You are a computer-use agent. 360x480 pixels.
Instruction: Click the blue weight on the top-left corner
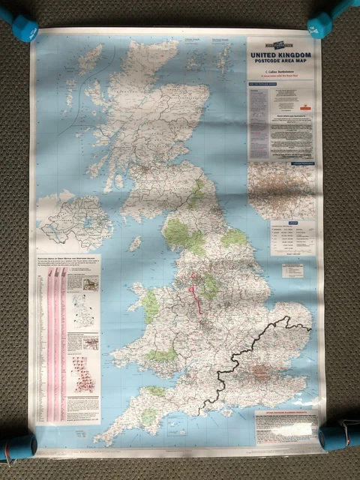pyautogui.click(x=20, y=28)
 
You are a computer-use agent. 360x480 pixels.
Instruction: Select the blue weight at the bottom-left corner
pyautogui.click(x=18, y=446)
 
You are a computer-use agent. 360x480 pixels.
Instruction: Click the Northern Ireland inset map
pyautogui.click(x=76, y=221)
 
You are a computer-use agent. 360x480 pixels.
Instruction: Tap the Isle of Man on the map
pyautogui.click(x=135, y=244)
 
